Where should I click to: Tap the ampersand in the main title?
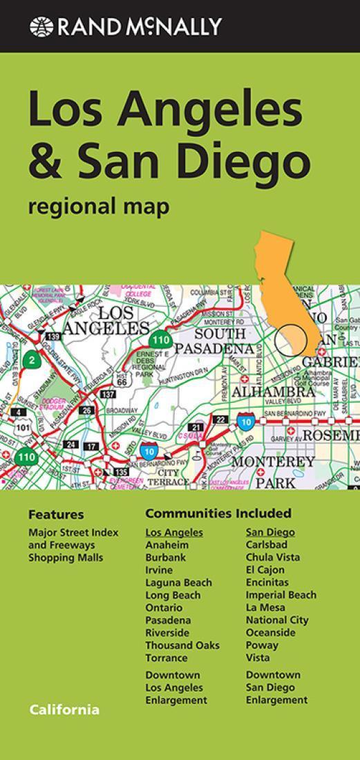click(x=46, y=159)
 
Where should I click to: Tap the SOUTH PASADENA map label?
click(x=213, y=341)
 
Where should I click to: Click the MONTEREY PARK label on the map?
click(x=274, y=471)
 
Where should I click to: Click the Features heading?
click(x=56, y=515)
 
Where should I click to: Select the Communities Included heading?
click(x=218, y=513)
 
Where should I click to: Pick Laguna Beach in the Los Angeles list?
click(x=178, y=582)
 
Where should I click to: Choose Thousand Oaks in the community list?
click(x=182, y=645)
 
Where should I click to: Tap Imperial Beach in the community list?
click(x=281, y=595)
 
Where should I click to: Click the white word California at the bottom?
click(x=64, y=710)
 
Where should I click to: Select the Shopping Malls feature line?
click(x=66, y=558)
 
